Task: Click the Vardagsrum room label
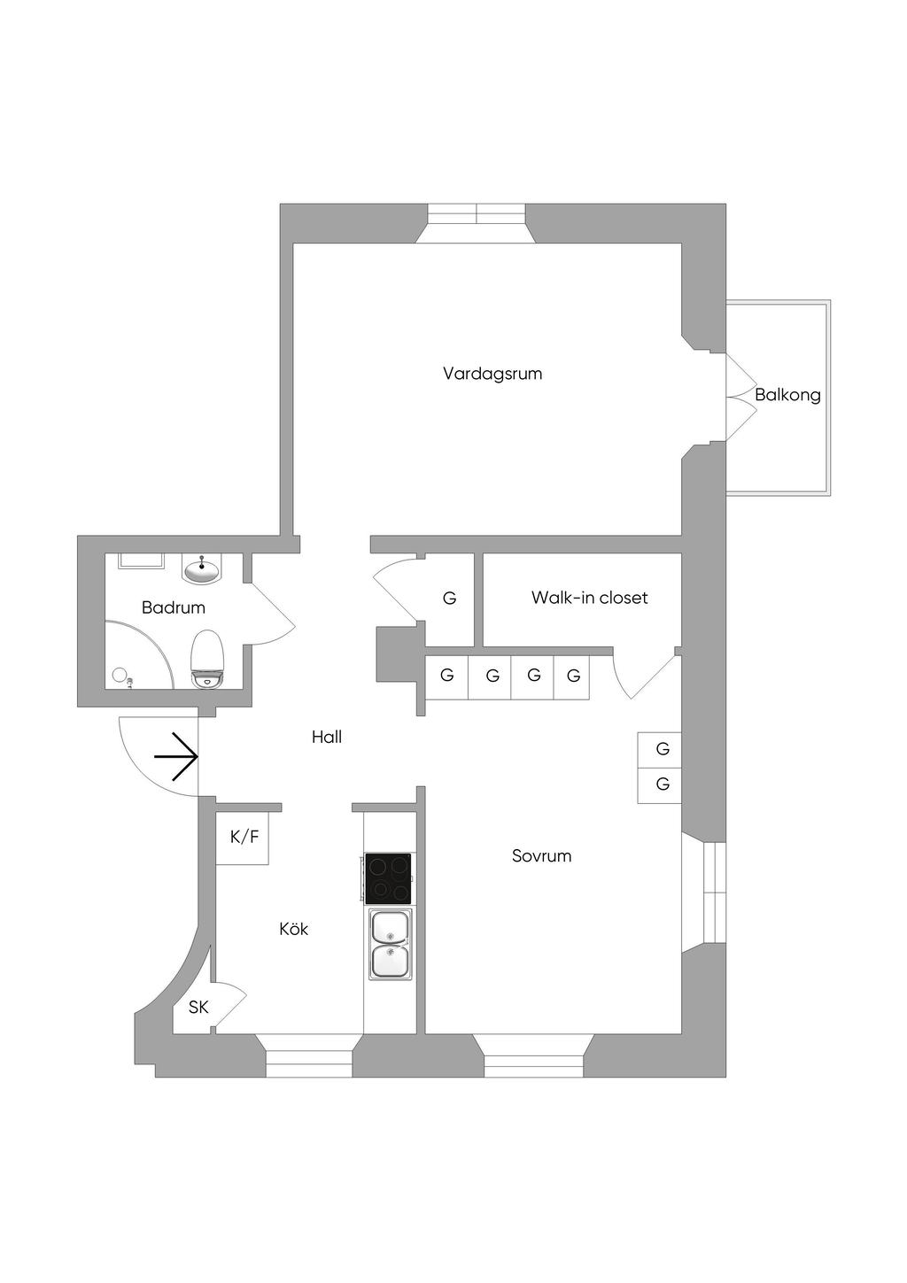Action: pos(492,374)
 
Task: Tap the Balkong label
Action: pos(787,395)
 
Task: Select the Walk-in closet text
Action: pos(589,598)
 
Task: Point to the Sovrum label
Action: pos(541,856)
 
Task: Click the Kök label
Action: pos(293,929)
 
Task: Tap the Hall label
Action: pos(326,737)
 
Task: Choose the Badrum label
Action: pos(173,607)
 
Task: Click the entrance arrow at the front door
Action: pos(176,756)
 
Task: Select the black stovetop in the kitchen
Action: pos(389,878)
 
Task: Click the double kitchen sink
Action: pos(391,945)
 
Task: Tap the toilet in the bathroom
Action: pos(208,660)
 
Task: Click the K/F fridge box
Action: pos(244,836)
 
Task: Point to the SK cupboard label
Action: pos(198,1008)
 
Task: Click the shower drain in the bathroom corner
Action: pos(120,676)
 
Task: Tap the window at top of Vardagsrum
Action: pos(477,214)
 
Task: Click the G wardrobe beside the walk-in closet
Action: pos(450,599)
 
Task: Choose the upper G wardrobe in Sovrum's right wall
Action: pos(662,749)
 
